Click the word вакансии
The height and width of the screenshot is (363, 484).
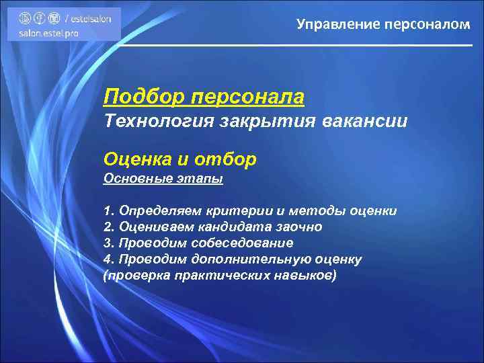[x=364, y=122]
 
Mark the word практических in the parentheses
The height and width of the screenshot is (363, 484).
[x=225, y=276]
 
